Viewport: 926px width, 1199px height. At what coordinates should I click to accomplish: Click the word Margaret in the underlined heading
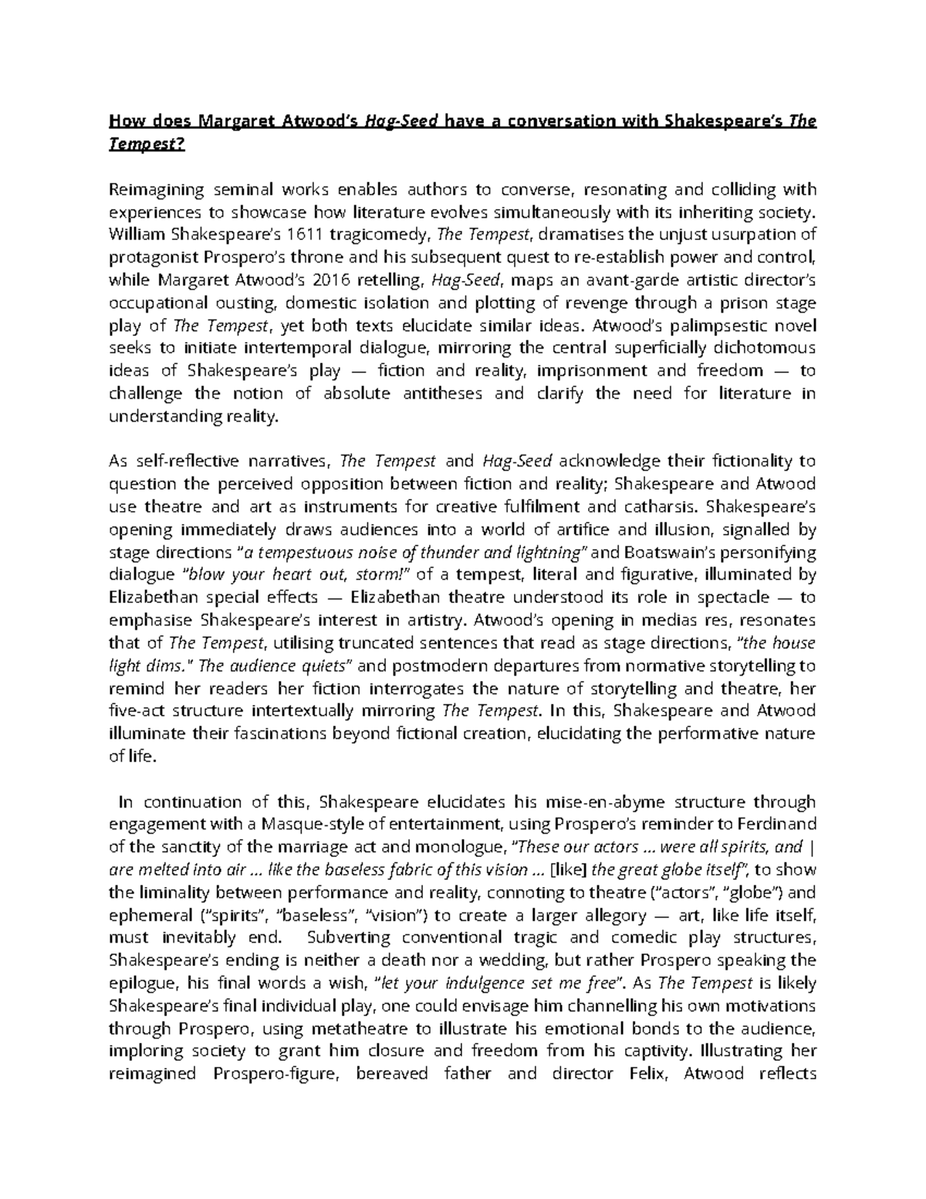tap(234, 121)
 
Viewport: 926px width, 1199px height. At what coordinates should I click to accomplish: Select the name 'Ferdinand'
tap(780, 825)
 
